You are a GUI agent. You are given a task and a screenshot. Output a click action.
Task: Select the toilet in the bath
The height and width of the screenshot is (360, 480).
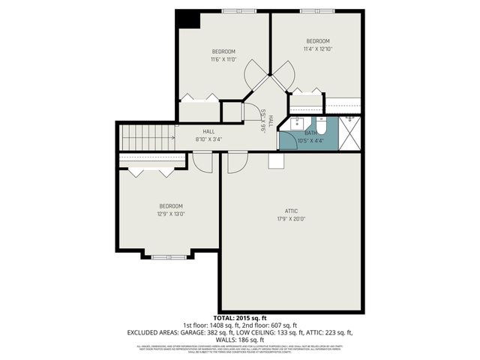321,124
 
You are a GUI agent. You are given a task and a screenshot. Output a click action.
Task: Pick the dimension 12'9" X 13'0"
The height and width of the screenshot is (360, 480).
171,214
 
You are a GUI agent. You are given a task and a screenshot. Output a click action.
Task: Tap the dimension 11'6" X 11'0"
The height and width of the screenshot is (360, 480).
223,59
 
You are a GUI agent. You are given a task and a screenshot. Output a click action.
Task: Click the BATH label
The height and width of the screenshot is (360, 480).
310,133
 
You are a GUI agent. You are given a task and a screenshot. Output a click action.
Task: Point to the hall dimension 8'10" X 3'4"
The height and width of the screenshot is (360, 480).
208,139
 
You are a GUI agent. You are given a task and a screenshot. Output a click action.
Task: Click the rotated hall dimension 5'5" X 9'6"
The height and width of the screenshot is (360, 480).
264,121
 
